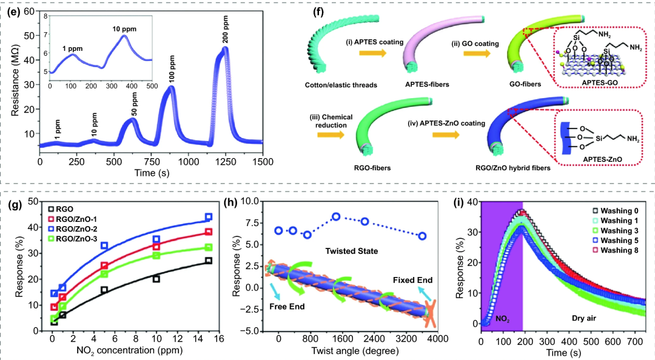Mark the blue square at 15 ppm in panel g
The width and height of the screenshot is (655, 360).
[x=209, y=217]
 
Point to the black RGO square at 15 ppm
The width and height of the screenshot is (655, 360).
[x=209, y=261]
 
